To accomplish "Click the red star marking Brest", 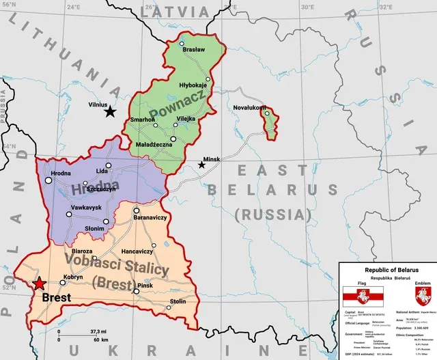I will pyautogui.click(x=40, y=283).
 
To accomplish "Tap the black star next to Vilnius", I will pyautogui.click(x=110, y=111).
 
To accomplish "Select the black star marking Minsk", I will pyautogui.click(x=201, y=165).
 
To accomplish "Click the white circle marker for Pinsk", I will pyautogui.click(x=136, y=292).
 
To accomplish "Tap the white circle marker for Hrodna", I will pyautogui.click(x=49, y=180).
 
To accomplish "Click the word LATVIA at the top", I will pyautogui.click(x=175, y=12).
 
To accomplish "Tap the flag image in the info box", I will pyautogui.click(x=363, y=296).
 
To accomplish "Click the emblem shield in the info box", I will pyautogui.click(x=422, y=296).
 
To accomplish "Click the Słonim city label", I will pyautogui.click(x=94, y=228).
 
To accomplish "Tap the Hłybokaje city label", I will pyautogui.click(x=193, y=86).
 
